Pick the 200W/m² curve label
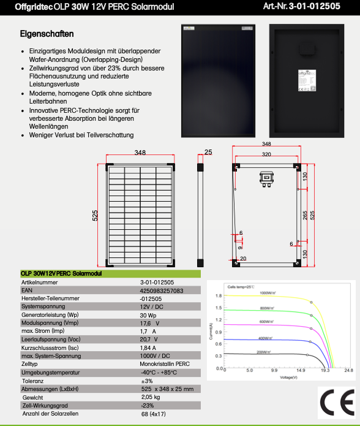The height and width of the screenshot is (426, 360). [264, 352]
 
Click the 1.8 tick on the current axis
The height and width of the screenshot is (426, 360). [219, 296]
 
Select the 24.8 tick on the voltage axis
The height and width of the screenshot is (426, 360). [348, 370]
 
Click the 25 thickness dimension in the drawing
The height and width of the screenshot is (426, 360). [208, 151]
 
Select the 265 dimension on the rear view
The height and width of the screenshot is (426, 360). [304, 215]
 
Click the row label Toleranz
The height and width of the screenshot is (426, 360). [32, 381]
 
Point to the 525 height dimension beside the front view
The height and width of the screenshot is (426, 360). [95, 215]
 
